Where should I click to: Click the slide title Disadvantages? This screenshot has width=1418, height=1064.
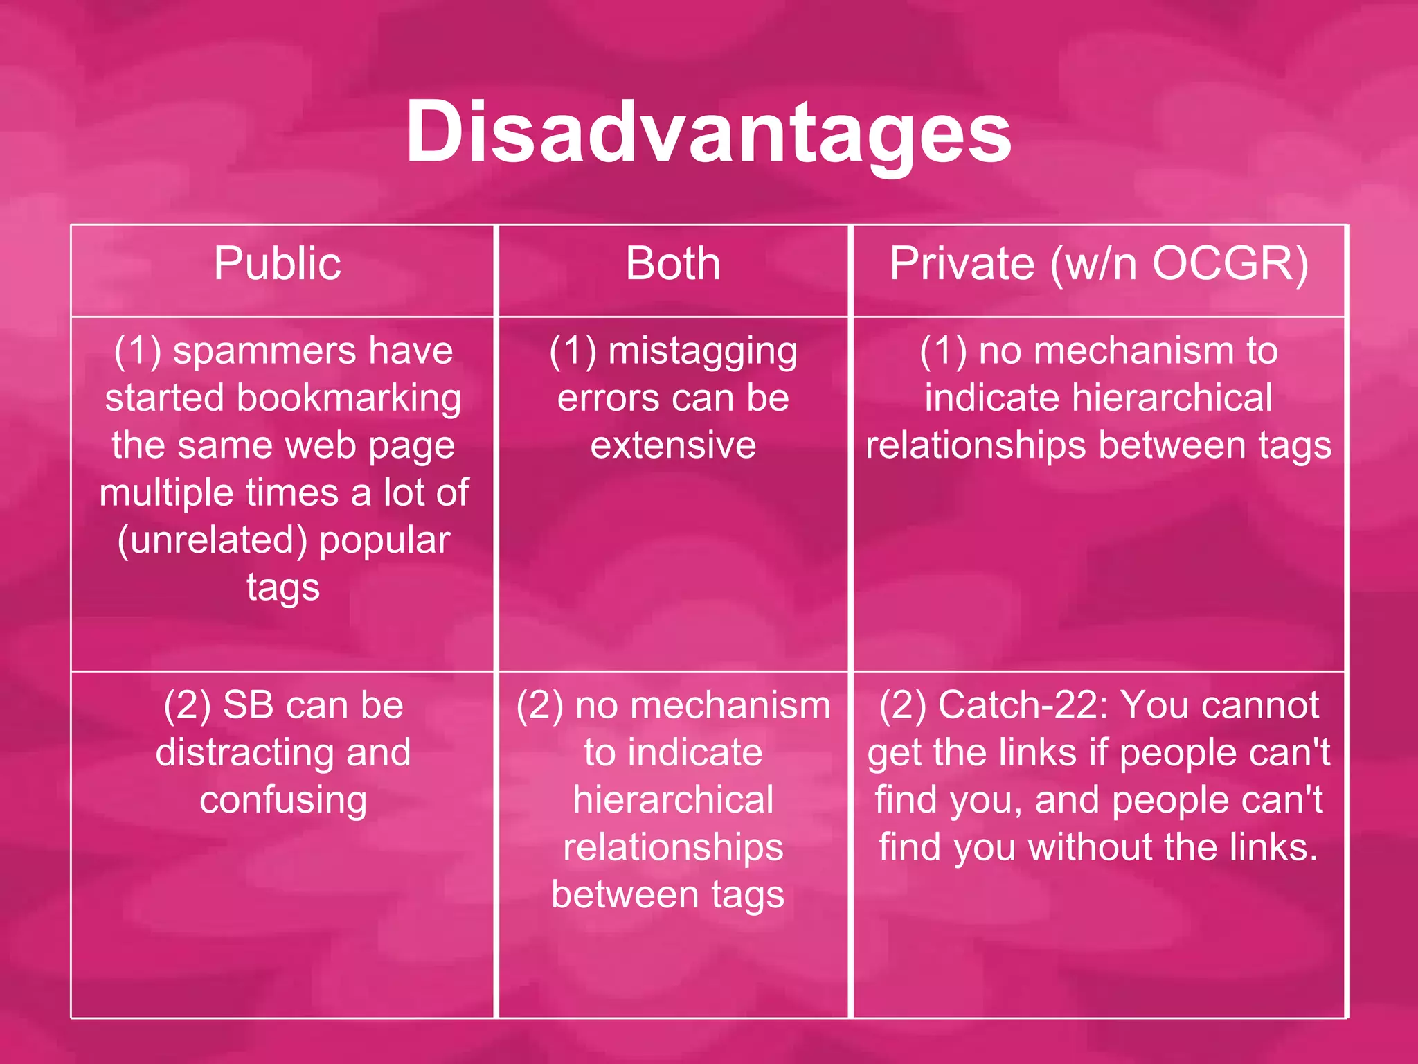[708, 132]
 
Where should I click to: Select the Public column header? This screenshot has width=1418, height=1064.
[277, 264]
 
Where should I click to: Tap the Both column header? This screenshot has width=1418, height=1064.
[673, 264]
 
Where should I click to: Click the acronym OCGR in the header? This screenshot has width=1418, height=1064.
[1219, 264]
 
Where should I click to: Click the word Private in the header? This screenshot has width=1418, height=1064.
[962, 264]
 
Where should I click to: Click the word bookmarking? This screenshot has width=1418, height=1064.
[349, 399]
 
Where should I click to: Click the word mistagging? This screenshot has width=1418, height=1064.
[702, 352]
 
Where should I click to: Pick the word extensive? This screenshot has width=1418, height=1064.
[673, 445]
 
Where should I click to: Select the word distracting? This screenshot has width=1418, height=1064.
[245, 753]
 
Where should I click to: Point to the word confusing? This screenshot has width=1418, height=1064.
[283, 801]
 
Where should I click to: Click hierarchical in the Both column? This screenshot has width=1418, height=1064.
[673, 800]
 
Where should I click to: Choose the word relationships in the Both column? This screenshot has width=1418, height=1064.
[673, 848]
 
